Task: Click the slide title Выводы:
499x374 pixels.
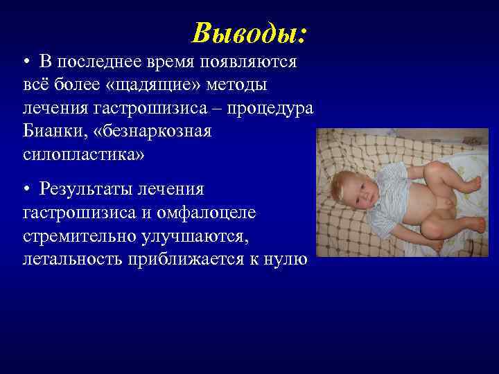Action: coord(250,33)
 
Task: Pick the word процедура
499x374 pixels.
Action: coord(272,109)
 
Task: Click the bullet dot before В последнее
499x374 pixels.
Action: coord(26,63)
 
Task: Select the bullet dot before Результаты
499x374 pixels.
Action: coord(26,189)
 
